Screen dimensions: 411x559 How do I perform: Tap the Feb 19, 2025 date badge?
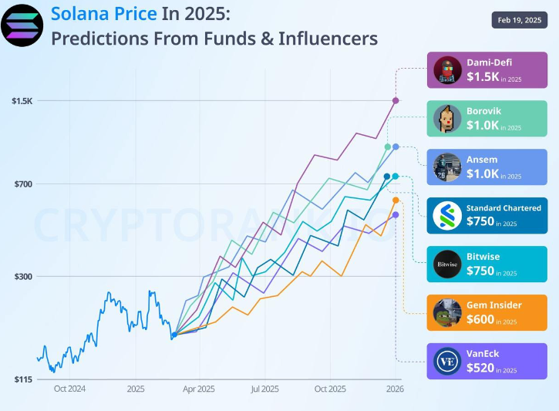(x=519, y=20)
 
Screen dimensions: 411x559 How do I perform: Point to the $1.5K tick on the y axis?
(x=22, y=101)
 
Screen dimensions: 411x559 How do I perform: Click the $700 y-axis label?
(x=22, y=184)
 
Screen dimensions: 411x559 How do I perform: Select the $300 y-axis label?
(x=22, y=276)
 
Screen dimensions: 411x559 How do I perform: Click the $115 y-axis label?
(x=22, y=379)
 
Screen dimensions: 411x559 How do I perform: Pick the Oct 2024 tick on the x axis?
(x=69, y=389)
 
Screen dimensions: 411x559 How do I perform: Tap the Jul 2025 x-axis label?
(x=264, y=389)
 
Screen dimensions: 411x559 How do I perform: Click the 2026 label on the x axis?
(x=395, y=389)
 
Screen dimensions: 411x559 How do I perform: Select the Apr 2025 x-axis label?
(x=199, y=389)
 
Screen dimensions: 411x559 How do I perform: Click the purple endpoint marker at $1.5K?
(x=396, y=100)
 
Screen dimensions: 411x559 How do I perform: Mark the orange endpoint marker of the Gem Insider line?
(x=396, y=200)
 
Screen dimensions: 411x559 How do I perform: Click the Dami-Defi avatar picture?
(x=446, y=70)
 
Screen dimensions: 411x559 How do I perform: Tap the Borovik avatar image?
(x=446, y=119)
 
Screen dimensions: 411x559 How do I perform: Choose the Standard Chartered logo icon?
(x=446, y=216)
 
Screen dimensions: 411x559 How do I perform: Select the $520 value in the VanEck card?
(x=480, y=368)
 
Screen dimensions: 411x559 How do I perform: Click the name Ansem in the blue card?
(x=481, y=160)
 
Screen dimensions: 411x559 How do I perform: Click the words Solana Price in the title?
(x=103, y=14)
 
